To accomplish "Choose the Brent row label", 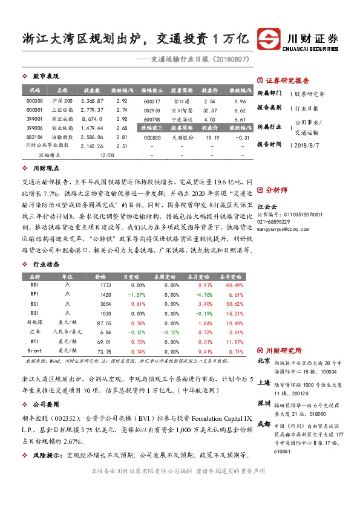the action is click(35, 351).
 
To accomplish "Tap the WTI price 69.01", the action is click(105, 342).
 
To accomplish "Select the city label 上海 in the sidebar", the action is click(264, 382).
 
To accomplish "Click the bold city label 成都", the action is click(264, 424).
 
